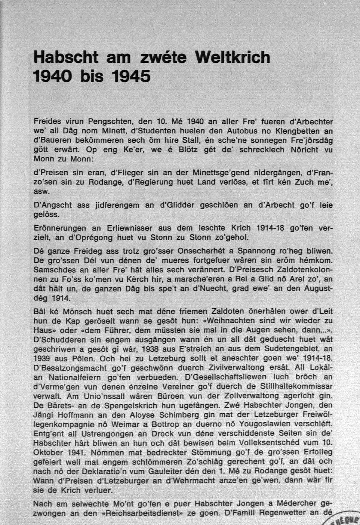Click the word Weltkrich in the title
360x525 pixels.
(x=233, y=57)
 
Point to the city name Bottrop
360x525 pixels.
(x=163, y=424)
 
